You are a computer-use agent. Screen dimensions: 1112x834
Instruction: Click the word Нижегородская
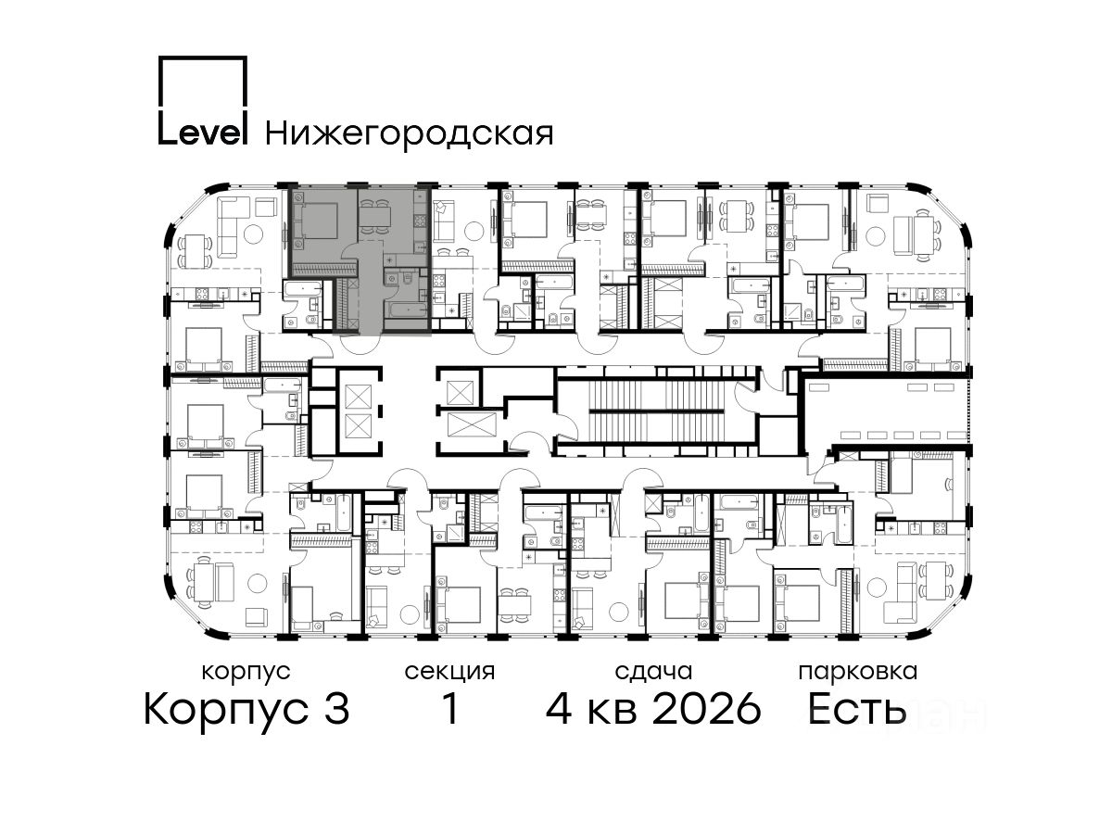pos(410,134)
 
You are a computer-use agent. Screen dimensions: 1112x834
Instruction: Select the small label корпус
pos(246,673)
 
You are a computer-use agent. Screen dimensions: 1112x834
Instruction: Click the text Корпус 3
pos(246,709)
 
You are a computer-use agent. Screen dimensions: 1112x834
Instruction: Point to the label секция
pos(449,672)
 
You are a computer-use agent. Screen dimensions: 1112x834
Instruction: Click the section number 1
pos(450,708)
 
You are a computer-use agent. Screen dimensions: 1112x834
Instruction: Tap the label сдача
pos(653,672)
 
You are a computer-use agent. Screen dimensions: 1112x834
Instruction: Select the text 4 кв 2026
pos(653,708)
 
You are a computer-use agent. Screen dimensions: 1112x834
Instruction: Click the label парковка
pos(858,673)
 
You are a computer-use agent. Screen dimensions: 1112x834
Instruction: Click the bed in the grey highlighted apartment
pos(316,221)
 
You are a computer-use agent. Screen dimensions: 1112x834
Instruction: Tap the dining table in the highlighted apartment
pos(374,217)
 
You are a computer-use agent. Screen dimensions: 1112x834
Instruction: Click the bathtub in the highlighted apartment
pos(406,310)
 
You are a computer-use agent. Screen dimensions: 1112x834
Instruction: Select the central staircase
pos(658,411)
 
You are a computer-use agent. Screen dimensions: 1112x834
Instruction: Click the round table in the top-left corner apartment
pos(253,234)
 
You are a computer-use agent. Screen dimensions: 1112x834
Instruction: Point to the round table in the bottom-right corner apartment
pos(877,588)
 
